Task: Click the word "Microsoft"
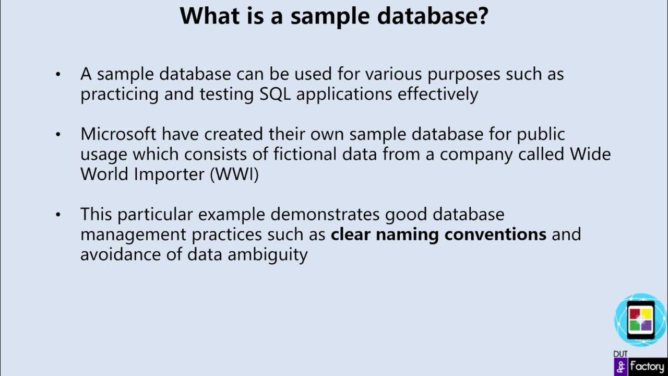118,134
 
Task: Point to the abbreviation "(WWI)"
234,174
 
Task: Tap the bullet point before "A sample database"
58,75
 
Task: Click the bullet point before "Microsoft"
58,135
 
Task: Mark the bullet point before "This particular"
58,215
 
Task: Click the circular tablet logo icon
640,319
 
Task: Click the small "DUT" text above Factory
621,354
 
